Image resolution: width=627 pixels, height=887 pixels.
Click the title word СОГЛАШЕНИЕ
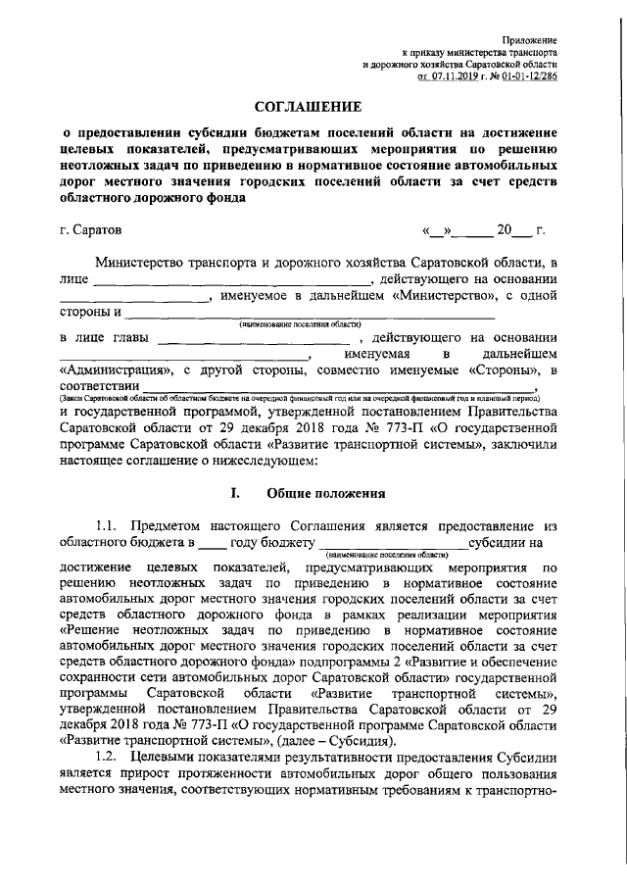coord(313,106)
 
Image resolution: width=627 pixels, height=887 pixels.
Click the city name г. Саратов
coord(90,232)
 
